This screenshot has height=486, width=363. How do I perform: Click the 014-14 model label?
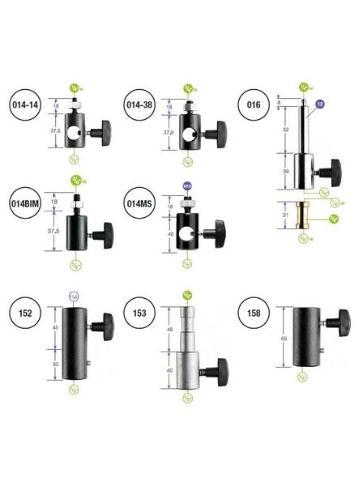[28, 105]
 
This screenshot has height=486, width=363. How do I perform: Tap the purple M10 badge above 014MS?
[188, 185]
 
